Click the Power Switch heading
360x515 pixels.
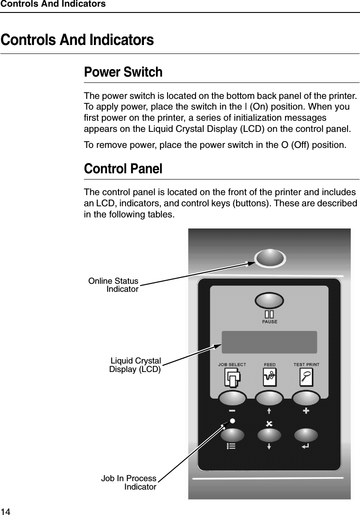click(x=123, y=72)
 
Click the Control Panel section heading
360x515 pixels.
click(x=123, y=169)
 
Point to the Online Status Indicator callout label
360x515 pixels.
click(x=114, y=285)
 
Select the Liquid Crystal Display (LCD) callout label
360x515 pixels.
click(x=135, y=364)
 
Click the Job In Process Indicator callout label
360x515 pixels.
click(x=129, y=482)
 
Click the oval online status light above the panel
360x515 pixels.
click(x=270, y=257)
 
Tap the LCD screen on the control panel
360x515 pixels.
click(x=269, y=342)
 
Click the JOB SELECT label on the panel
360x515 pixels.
click(x=232, y=364)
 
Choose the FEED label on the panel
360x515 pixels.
click(x=270, y=364)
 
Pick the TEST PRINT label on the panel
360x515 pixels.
click(x=306, y=364)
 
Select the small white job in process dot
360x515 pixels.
click(x=232, y=421)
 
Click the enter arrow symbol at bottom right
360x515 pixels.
click(x=307, y=445)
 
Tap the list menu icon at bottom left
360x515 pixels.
click(x=231, y=446)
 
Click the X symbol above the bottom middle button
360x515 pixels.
click(x=269, y=422)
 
